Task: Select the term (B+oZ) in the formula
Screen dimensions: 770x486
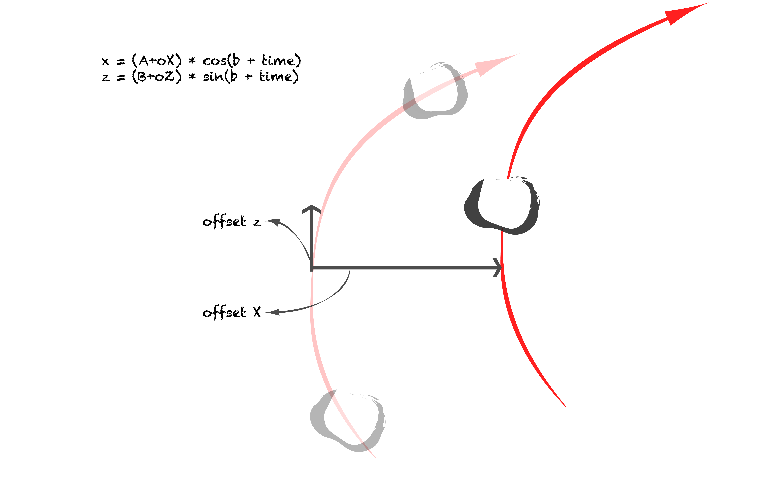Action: point(157,76)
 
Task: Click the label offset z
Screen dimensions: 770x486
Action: point(232,221)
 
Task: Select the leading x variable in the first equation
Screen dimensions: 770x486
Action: point(105,61)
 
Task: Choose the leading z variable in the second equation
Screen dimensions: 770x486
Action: point(105,77)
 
